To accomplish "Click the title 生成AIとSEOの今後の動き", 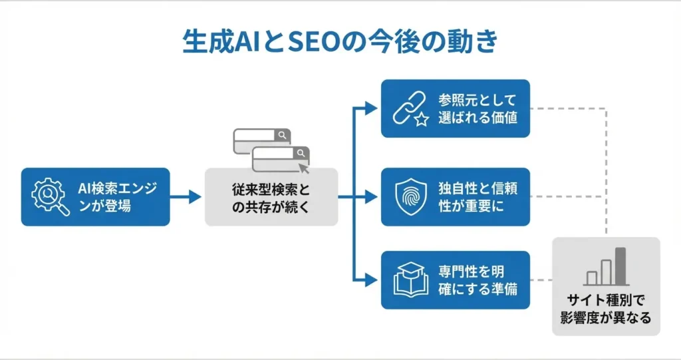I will pos(340,41).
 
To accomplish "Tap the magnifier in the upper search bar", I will pos(283,136).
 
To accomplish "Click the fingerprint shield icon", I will pos(409,197).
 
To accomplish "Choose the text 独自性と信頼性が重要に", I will pos(477,197).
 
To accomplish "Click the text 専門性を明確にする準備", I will pos(477,280).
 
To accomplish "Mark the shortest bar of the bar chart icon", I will pos(591,278).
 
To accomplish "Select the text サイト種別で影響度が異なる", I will pos(605,308).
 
